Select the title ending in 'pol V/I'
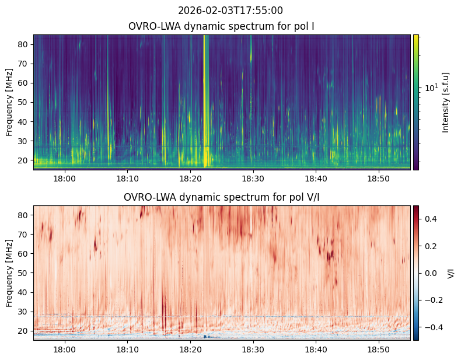[x=222, y=197]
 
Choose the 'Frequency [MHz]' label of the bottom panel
[x=9, y=272]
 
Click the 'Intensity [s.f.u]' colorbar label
[x=446, y=102]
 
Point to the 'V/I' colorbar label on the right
[x=450, y=272]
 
